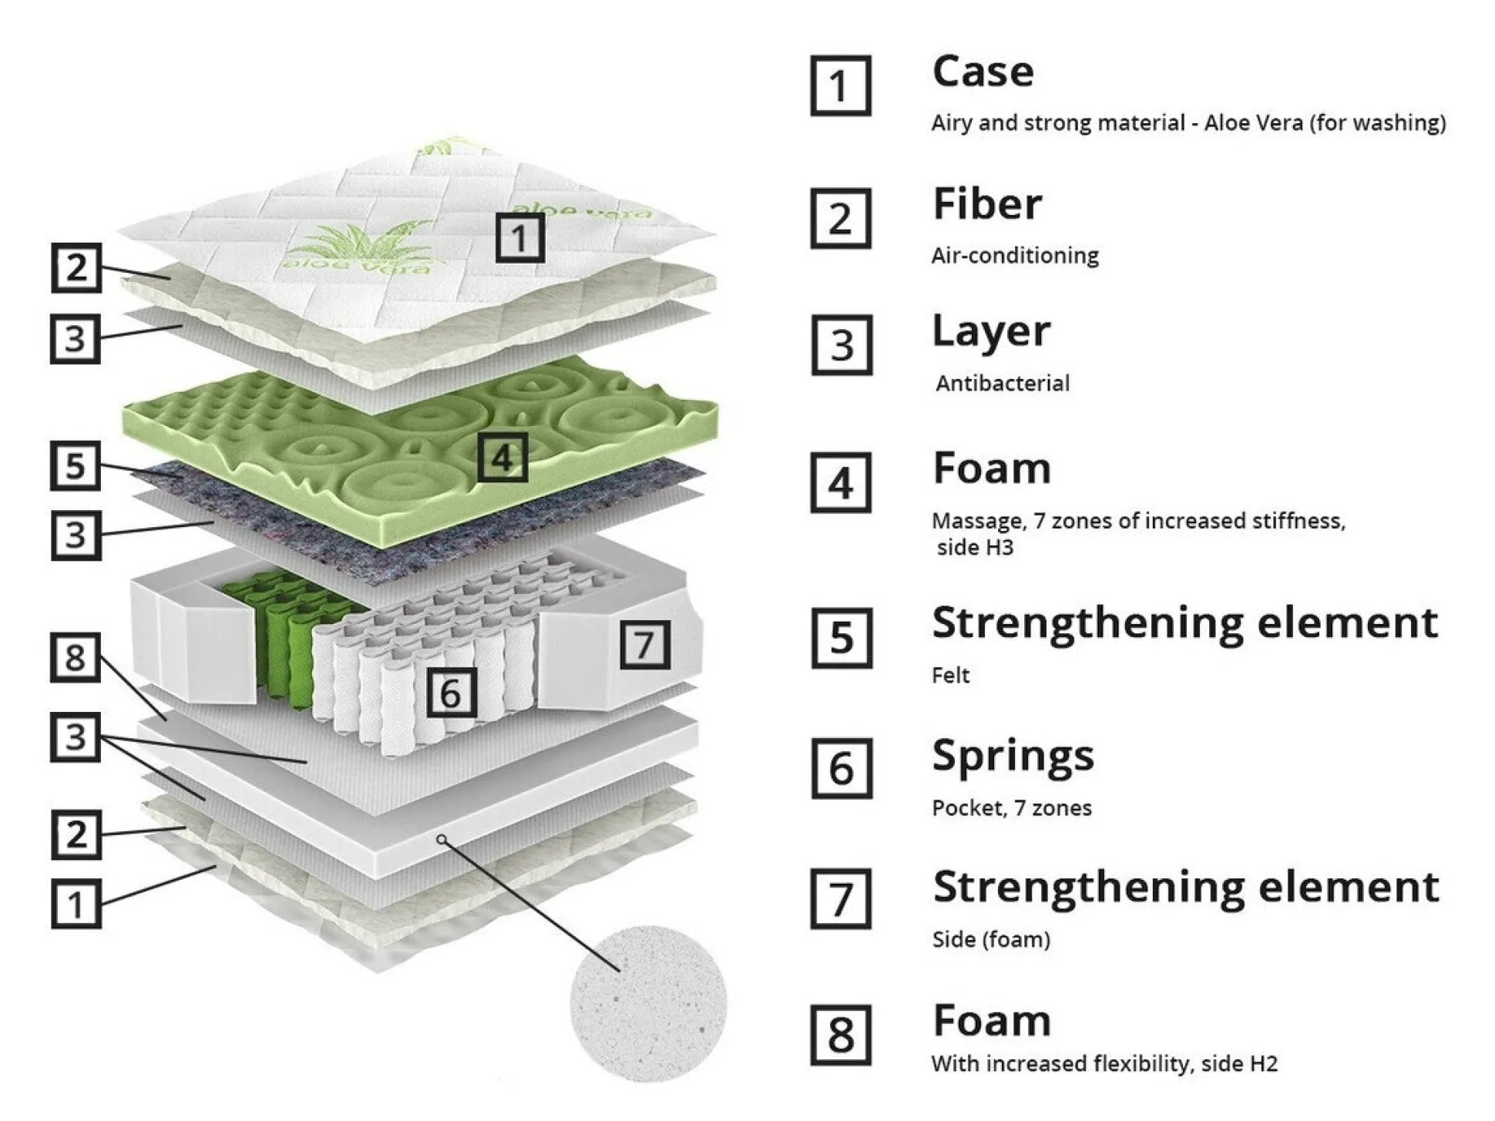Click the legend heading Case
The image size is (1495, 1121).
(983, 72)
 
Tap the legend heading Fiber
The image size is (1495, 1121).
(987, 204)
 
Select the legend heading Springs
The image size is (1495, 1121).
(1013, 755)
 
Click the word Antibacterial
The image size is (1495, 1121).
(1002, 383)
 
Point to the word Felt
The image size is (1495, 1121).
(950, 676)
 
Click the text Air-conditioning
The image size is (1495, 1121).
(1015, 255)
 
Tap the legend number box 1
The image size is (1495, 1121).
(841, 86)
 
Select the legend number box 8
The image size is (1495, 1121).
(841, 1035)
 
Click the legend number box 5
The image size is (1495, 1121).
(842, 638)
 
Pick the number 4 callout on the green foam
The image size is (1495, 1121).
(502, 458)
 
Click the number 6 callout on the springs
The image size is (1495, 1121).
(452, 692)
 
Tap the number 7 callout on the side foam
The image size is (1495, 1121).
(645, 644)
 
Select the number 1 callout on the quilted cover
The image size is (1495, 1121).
(519, 238)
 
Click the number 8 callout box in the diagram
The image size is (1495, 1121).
(76, 657)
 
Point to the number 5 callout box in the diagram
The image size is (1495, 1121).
(76, 465)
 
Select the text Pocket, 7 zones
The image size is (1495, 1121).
(1011, 808)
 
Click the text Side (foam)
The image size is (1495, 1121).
(991, 939)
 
